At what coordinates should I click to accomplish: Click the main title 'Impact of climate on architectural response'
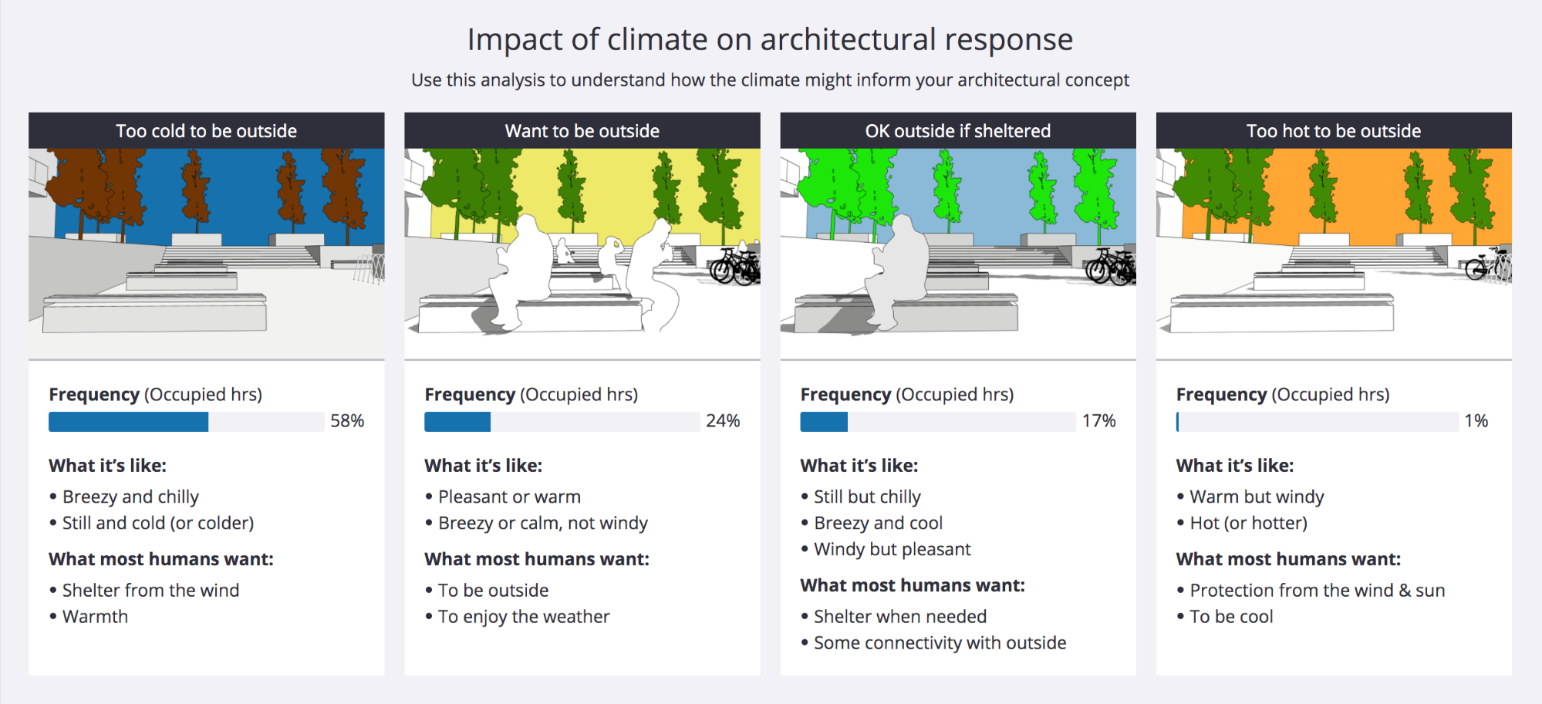coord(770,39)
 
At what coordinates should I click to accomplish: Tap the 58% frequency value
coord(347,421)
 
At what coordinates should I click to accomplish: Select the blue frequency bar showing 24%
coord(457,422)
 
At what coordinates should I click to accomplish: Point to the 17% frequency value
coord(1098,421)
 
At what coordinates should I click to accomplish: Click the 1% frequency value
coord(1476,421)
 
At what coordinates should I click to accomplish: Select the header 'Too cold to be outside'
coord(206,131)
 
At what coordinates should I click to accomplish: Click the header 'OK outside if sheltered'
coord(957,131)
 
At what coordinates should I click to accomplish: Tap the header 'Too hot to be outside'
coord(1333,131)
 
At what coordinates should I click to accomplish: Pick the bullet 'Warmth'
coord(95,617)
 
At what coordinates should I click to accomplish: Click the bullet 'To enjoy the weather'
coord(524,617)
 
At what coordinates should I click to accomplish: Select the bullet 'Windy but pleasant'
coord(892,549)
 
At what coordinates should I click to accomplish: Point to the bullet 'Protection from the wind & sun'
coord(1317,591)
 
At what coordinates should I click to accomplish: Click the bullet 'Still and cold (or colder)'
coord(157,523)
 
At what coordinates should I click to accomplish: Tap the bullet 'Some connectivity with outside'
coord(940,643)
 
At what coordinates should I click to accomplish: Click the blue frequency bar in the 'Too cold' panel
coord(128,422)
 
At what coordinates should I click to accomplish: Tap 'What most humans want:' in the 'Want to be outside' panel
coord(536,559)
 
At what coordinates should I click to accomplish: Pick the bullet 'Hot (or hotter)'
coord(1248,523)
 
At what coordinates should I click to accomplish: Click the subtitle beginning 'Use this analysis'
coord(770,80)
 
